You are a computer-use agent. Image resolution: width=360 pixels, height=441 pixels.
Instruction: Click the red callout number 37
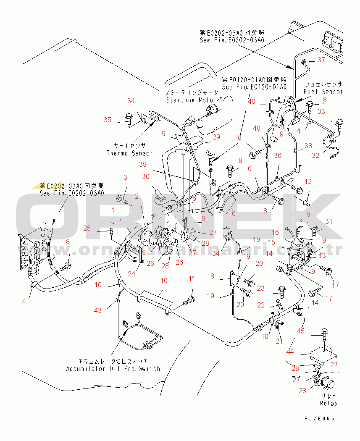[x=321, y=60]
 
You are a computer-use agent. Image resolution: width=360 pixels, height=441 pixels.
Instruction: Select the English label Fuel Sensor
[x=323, y=92]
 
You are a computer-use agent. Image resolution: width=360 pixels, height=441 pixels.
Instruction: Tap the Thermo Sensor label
[x=129, y=153]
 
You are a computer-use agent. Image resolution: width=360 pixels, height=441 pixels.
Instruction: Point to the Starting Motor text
[x=192, y=100]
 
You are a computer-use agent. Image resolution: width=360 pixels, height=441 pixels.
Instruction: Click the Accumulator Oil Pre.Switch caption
[x=113, y=368]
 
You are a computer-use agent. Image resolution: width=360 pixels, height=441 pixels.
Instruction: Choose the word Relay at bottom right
[x=328, y=403]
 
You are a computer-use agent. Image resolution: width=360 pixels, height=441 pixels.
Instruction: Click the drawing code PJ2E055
[x=320, y=418]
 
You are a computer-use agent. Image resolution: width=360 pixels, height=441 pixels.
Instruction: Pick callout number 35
[x=108, y=120]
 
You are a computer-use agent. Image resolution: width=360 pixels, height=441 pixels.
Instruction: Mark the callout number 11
[x=192, y=278]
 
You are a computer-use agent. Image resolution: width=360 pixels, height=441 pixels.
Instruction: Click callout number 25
[x=87, y=228]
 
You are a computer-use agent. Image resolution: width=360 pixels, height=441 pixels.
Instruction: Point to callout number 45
[x=301, y=331]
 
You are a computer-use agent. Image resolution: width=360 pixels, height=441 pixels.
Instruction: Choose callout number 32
[x=315, y=155]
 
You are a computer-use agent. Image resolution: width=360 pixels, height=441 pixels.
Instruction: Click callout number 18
[x=210, y=276]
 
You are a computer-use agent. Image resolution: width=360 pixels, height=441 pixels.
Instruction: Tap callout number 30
[x=145, y=176]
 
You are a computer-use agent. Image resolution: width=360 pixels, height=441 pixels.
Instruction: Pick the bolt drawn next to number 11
[x=190, y=300]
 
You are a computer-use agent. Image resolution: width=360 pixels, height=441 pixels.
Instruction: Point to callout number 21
[x=279, y=341]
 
